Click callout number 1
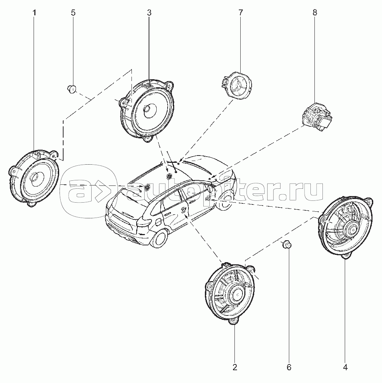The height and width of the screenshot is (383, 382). (34, 13)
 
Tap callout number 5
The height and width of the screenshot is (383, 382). (73, 13)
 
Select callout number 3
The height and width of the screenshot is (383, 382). (149, 13)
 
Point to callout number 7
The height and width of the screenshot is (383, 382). (241, 13)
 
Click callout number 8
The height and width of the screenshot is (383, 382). (315, 13)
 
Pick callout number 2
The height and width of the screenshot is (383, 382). (235, 367)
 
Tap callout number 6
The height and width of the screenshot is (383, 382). (289, 367)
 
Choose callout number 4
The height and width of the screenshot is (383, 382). (345, 367)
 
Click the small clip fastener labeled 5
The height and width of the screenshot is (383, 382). (71, 89)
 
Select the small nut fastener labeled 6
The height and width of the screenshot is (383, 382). (287, 245)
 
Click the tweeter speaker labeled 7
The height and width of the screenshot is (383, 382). (237, 85)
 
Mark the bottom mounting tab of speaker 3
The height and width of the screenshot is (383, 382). (148, 139)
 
